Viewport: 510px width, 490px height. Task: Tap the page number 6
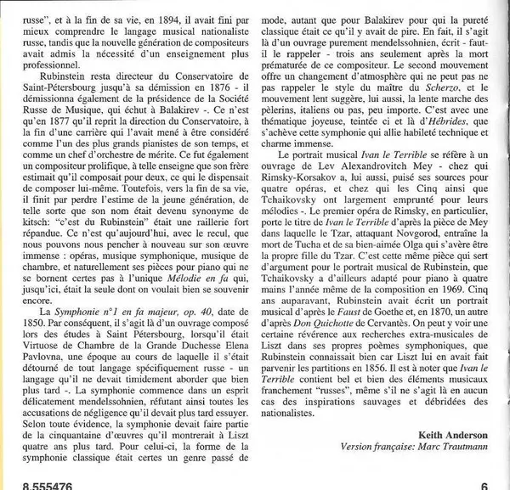483,483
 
